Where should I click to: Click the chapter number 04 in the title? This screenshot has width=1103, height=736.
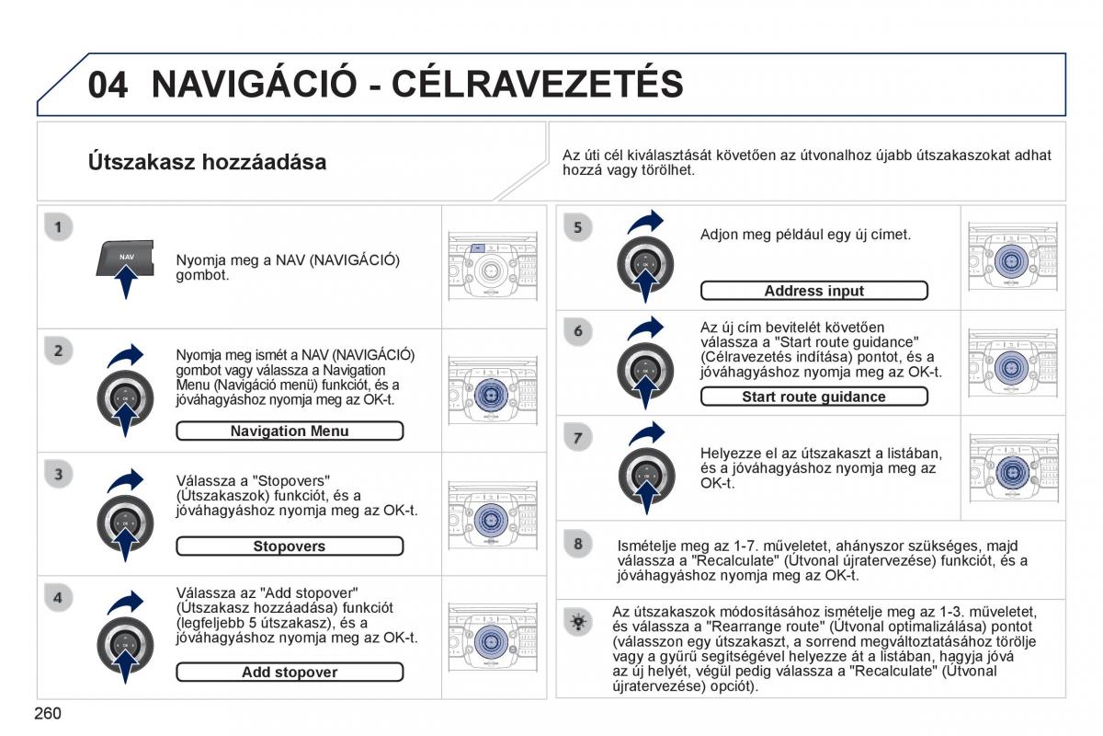(108, 84)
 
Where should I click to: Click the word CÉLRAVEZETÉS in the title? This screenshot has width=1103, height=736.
(538, 84)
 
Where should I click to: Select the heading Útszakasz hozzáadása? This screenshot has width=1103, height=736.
(207, 163)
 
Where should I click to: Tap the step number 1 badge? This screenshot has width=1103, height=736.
(58, 226)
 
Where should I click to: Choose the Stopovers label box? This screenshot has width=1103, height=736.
(290, 546)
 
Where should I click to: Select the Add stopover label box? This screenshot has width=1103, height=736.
(290, 673)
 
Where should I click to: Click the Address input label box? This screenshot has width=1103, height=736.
(813, 292)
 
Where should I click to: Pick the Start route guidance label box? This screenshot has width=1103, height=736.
(813, 397)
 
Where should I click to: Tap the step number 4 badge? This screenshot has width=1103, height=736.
(58, 597)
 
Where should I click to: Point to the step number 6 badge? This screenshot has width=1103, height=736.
(577, 331)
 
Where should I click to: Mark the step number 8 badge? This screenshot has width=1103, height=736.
(577, 544)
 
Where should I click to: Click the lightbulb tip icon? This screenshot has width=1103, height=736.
(577, 623)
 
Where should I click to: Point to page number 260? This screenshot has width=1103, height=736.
(47, 713)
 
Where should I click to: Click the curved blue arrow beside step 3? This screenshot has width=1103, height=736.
(125, 480)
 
